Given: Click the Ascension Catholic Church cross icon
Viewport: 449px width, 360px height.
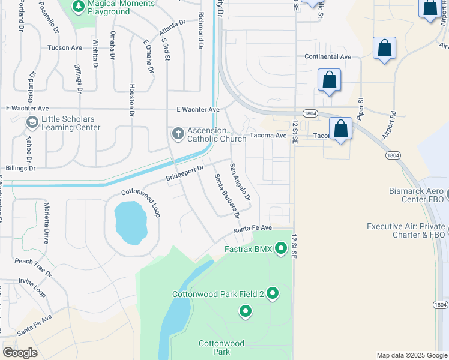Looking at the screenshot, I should [178, 134].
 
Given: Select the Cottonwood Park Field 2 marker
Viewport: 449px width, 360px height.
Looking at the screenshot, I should [273, 293].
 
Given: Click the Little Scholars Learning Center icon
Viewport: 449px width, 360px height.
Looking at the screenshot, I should [32, 123].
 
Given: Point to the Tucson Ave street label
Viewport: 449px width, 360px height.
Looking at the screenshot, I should [65, 47].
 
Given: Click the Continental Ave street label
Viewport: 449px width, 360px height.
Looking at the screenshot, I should [327, 56].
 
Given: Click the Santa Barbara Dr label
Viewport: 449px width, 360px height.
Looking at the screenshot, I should [228, 196].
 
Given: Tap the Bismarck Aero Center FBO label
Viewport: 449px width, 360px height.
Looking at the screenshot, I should [416, 195].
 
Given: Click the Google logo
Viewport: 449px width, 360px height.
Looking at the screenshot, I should [20, 353].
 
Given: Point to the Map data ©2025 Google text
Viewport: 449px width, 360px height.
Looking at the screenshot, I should [411, 355].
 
